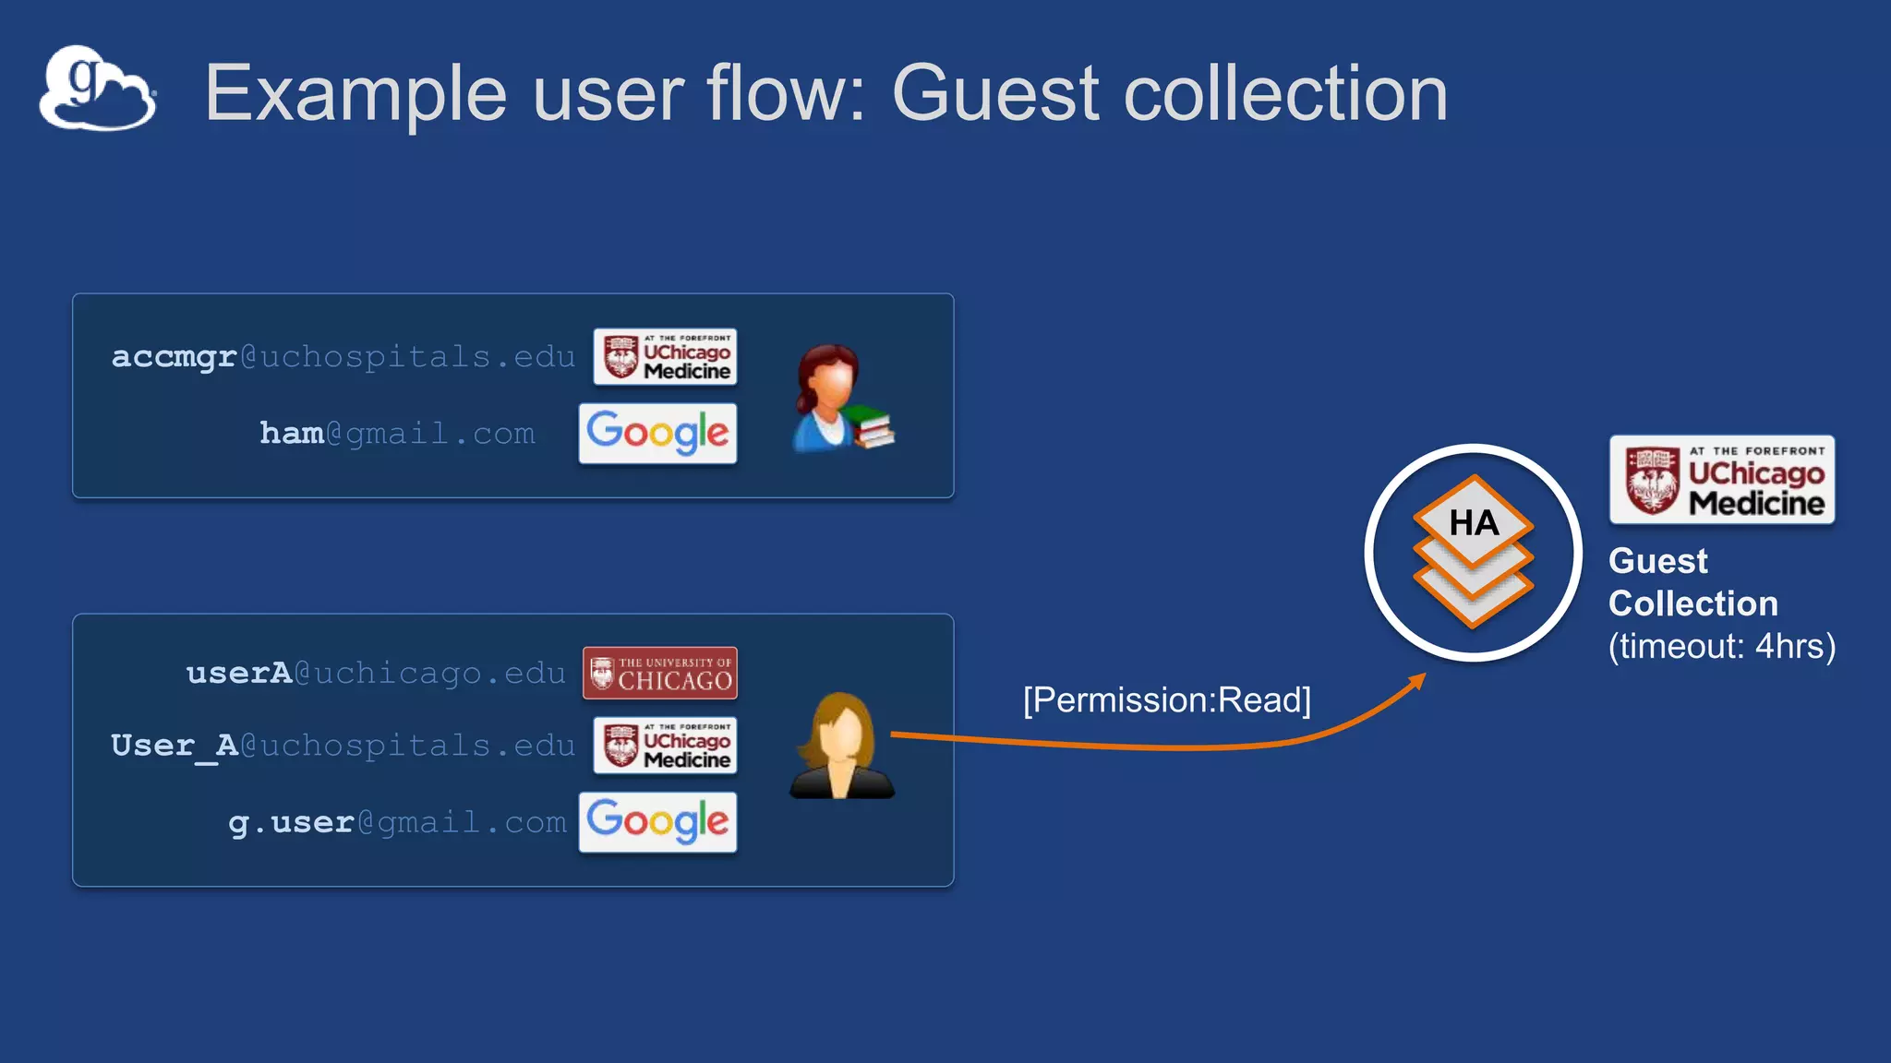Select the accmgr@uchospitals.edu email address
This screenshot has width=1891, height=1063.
click(343, 357)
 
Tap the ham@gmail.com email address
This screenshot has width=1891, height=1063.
click(397, 433)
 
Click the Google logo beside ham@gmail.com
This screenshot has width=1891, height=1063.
click(657, 433)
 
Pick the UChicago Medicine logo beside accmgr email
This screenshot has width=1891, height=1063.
click(665, 356)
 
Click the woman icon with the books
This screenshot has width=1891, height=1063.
click(828, 397)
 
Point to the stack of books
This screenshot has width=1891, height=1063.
click(871, 426)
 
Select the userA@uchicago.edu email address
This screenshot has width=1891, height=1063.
click(376, 674)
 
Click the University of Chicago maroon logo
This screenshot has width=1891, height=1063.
click(660, 673)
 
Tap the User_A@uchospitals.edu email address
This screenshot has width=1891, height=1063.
click(343, 746)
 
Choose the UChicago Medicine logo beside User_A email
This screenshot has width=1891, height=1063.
click(665, 745)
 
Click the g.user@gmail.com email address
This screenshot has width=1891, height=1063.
click(397, 822)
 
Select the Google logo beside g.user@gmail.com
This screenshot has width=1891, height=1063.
click(657, 821)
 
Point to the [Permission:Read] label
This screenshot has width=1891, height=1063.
click(1166, 699)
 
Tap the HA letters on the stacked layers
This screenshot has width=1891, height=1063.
click(1474, 523)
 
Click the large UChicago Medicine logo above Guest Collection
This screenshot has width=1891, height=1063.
click(1721, 480)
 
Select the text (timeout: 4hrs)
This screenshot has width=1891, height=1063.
click(1721, 646)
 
